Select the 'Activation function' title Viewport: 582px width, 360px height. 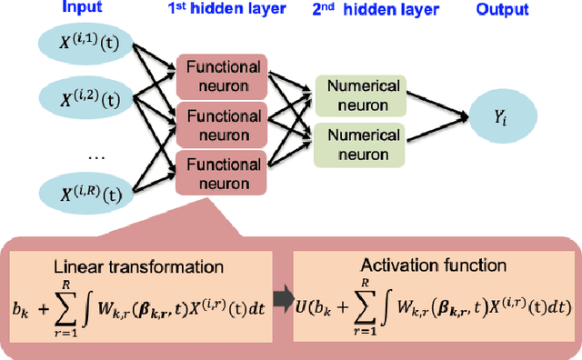[433, 265]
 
